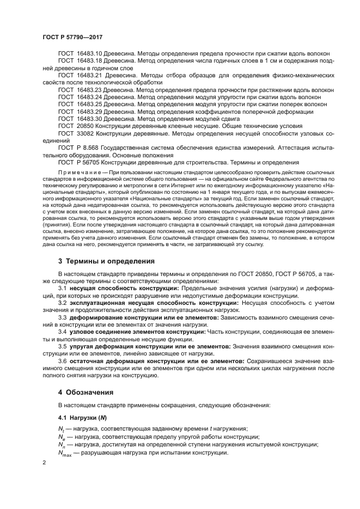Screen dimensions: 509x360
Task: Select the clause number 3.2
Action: coord(62,302)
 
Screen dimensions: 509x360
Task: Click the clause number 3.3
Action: coord(62,317)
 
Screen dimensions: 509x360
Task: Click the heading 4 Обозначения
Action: coord(86,391)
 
